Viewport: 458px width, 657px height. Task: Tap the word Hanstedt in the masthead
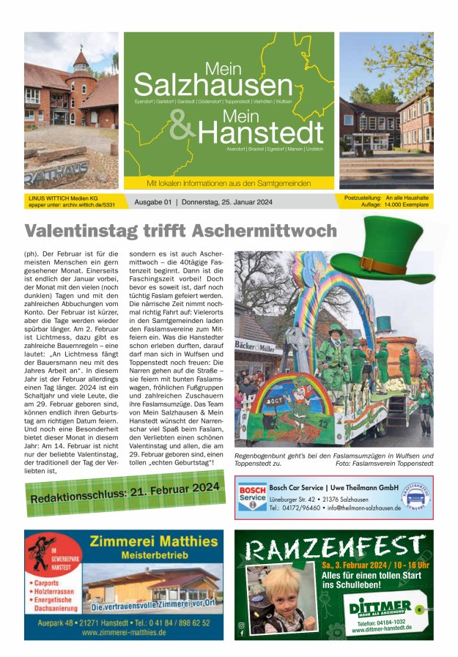coord(259,132)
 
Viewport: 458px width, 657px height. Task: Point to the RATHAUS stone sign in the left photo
coord(54,174)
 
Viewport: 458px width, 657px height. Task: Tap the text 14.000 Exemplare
coord(406,205)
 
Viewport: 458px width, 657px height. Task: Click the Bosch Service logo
coord(252,497)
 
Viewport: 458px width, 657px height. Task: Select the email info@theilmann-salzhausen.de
coord(363,508)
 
